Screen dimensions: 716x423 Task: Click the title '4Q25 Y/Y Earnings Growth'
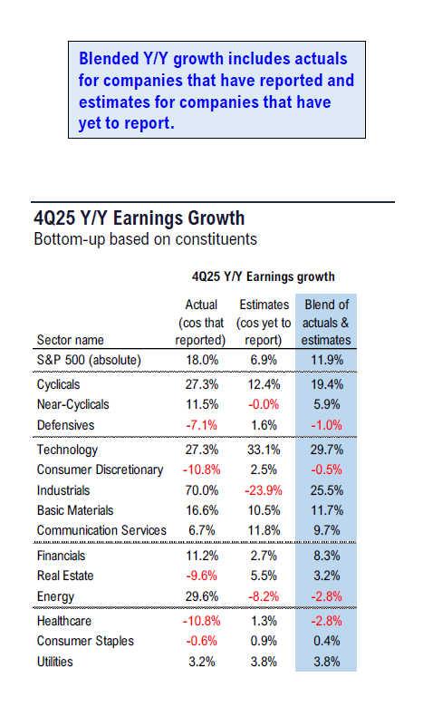138,218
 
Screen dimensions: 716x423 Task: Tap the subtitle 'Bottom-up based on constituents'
144,239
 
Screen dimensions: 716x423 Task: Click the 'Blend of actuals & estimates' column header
326,323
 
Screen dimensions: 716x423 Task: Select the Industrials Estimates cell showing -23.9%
264,489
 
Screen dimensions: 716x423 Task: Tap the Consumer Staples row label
85,641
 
